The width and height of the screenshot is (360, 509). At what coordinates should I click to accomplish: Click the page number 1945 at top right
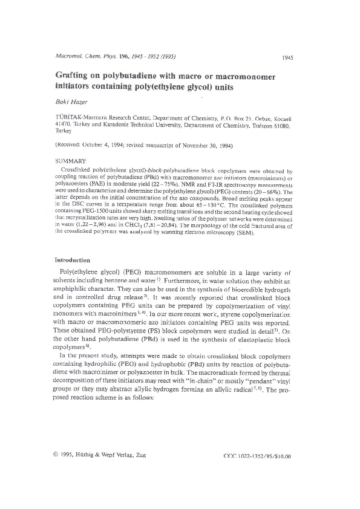[x=287, y=57]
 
